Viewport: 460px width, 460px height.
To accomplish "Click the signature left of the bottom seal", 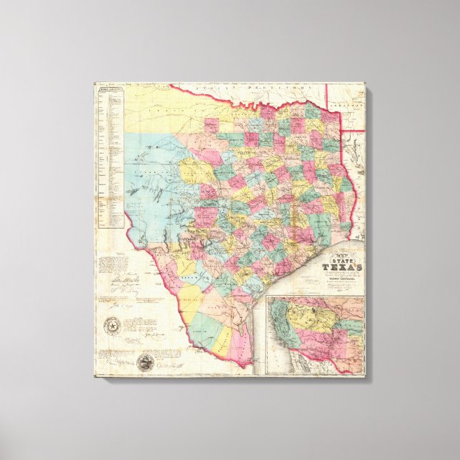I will (114, 361).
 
